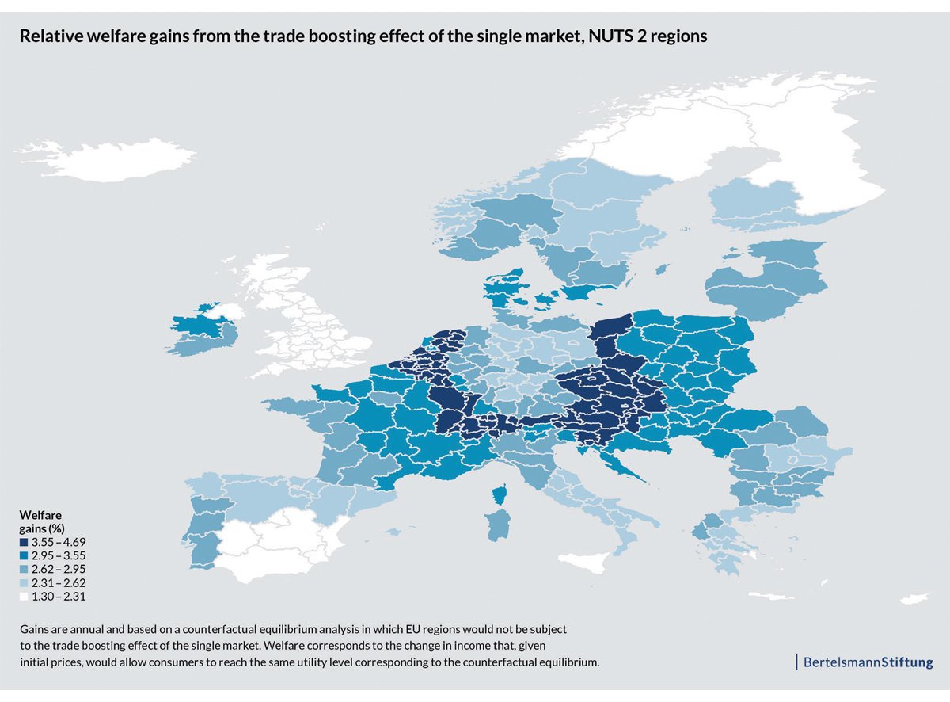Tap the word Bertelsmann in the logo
click(842, 662)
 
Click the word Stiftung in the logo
click(907, 662)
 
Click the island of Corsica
click(500, 495)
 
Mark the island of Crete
click(769, 596)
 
